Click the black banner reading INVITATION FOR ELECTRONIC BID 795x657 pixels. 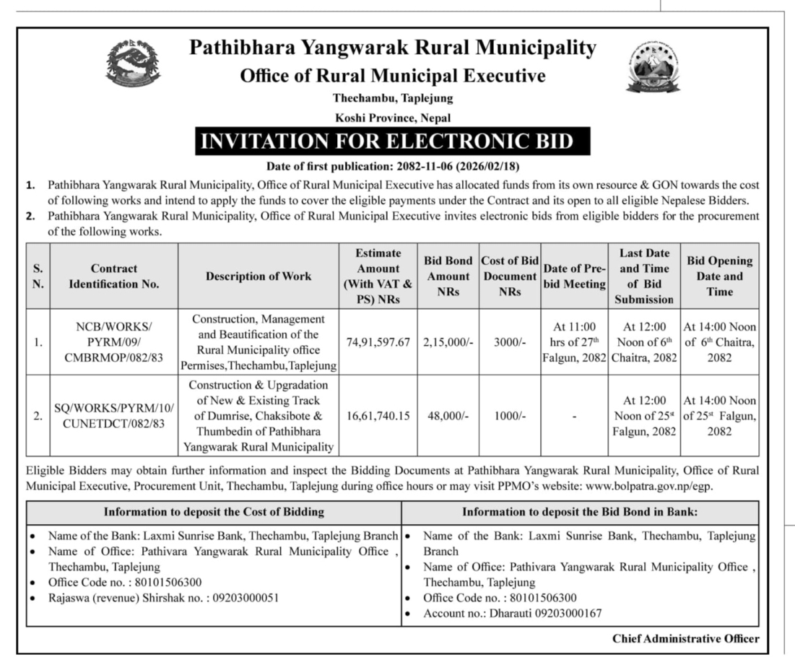(393, 141)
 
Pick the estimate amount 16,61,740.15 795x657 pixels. (378, 416)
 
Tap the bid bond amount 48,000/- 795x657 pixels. (448, 416)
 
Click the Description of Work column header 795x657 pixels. (259, 276)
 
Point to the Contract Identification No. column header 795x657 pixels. (114, 277)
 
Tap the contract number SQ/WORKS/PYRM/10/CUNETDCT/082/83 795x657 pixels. (114, 416)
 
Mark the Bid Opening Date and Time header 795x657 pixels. (719, 277)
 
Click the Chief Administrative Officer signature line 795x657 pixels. (685, 638)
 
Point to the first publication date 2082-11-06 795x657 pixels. (425, 165)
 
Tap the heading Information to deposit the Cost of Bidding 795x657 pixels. (214, 512)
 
